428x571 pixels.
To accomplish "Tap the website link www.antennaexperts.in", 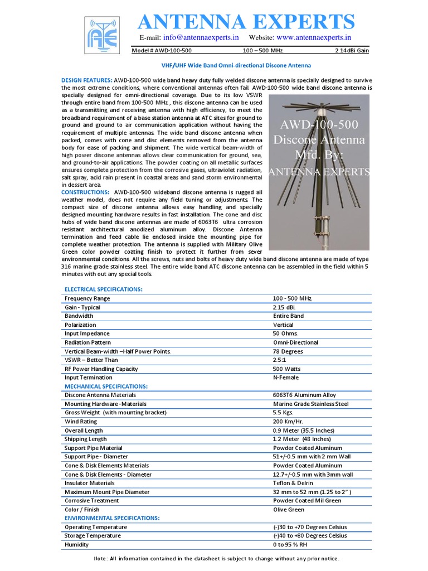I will tap(314, 37).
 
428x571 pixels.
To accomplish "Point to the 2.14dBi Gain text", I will tap(352, 51).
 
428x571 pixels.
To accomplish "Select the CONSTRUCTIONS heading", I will tap(85, 192).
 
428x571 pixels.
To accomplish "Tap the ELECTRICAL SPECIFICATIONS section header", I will tap(104, 289).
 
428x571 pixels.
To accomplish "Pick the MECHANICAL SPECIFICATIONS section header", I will tap(106, 386).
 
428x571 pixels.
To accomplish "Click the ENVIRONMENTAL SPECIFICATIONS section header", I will tap(112, 518).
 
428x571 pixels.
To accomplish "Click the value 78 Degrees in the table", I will tap(288, 351).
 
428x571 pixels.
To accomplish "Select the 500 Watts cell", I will tap(286, 369).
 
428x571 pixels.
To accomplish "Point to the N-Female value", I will tap(285, 378).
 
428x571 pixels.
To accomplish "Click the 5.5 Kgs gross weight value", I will tap(284, 413).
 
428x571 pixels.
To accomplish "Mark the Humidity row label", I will tap(77, 544).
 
